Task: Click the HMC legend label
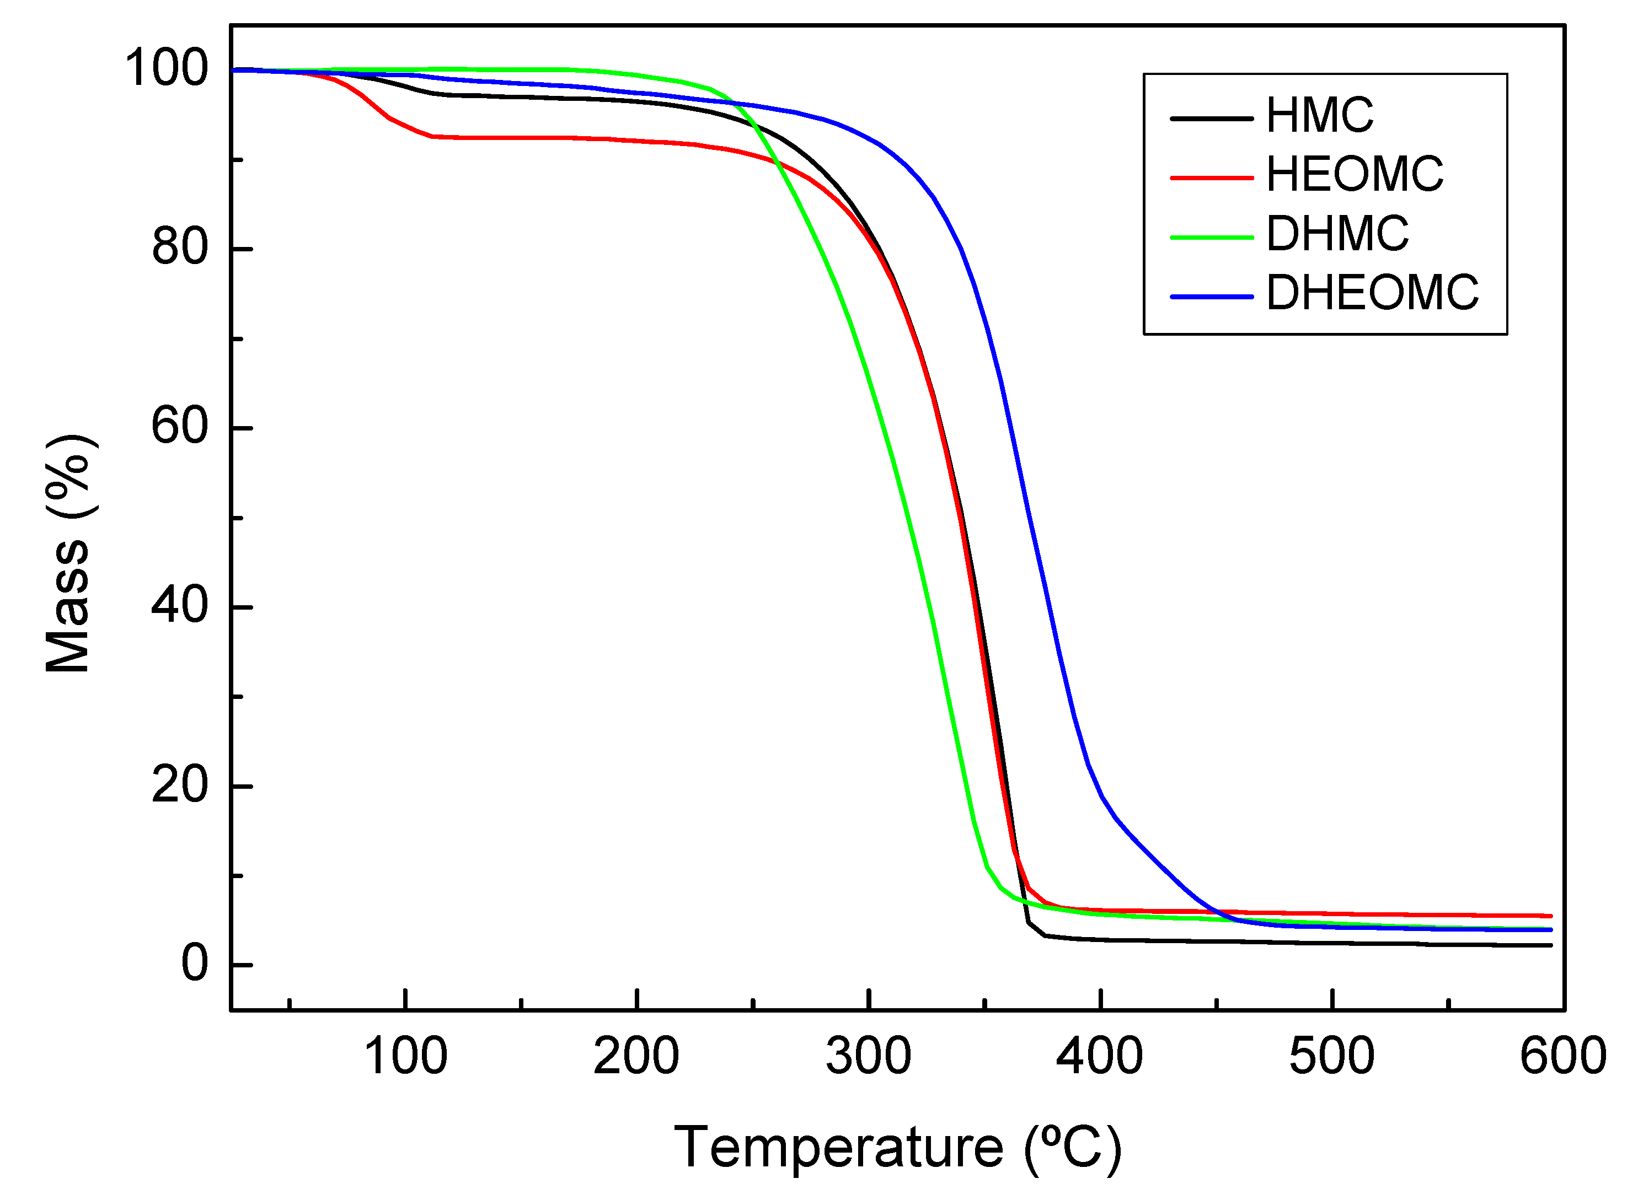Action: [x=1319, y=116]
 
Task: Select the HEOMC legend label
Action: [x=1355, y=175]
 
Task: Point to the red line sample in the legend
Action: [x=1212, y=177]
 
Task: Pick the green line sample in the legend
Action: [x=1212, y=237]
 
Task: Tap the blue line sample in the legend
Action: [x=1212, y=297]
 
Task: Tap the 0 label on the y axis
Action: [x=195, y=965]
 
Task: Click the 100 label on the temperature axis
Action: [x=405, y=1058]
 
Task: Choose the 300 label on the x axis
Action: [x=869, y=1058]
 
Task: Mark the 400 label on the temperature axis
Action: [x=1100, y=1058]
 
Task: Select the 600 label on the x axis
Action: [x=1562, y=1058]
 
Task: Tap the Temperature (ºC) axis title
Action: [x=897, y=1150]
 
